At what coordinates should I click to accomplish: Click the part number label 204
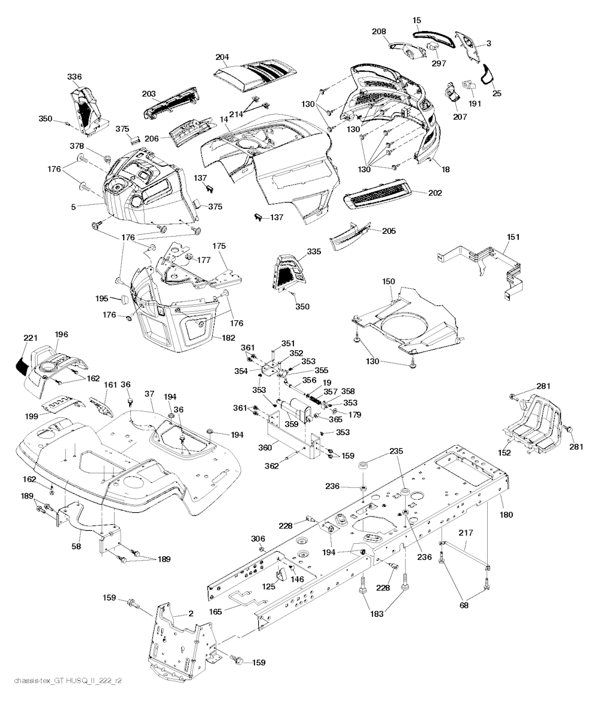(222, 57)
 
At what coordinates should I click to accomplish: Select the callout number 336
(74, 76)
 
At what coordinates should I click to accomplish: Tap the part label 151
(513, 237)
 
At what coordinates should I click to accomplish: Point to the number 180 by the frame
(506, 515)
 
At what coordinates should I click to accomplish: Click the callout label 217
(466, 533)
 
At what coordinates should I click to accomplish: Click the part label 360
(265, 448)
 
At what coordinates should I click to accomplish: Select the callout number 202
(436, 193)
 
